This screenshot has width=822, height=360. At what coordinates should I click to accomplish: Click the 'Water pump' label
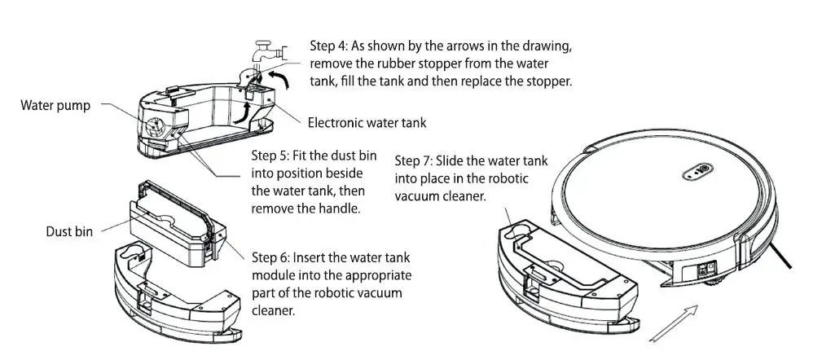point(56,105)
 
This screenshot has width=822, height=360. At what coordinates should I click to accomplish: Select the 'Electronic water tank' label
point(367,123)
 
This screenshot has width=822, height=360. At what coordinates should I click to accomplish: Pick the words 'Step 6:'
point(272,257)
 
